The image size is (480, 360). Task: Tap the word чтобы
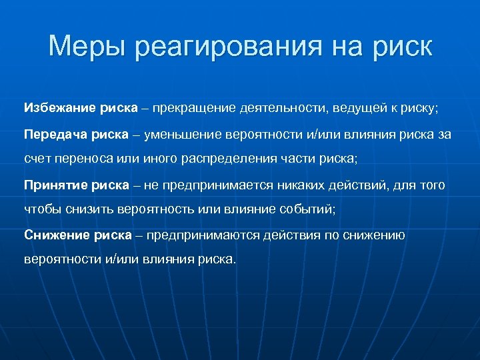[x=41, y=209]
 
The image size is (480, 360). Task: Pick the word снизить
[x=91, y=209]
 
